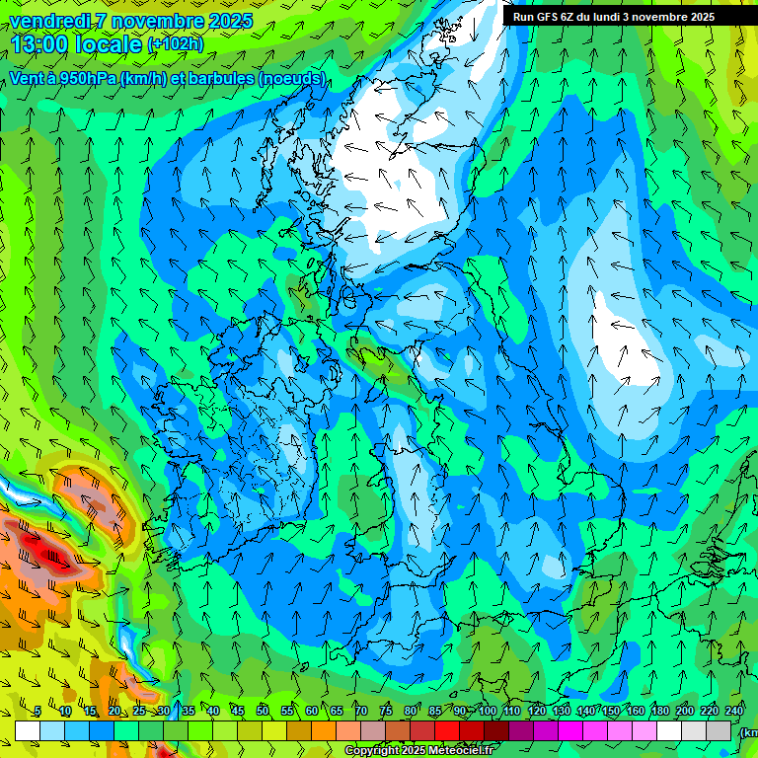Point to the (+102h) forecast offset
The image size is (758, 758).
click(x=176, y=44)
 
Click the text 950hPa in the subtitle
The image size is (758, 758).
click(x=86, y=79)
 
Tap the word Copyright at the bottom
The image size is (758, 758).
click(x=373, y=751)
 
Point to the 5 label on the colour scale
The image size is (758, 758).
click(x=38, y=711)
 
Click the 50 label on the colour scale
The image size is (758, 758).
click(x=262, y=711)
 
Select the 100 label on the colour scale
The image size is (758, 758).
click(x=487, y=711)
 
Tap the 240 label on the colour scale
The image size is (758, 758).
click(x=734, y=711)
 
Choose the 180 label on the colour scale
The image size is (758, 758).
click(x=659, y=711)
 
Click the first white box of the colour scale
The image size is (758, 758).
click(x=27, y=730)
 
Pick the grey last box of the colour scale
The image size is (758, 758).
click(x=719, y=730)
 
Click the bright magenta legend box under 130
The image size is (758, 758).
click(x=570, y=730)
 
